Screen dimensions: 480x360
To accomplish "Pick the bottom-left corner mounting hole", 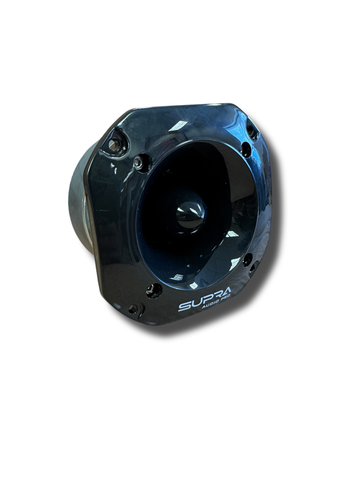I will coord(133,308).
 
